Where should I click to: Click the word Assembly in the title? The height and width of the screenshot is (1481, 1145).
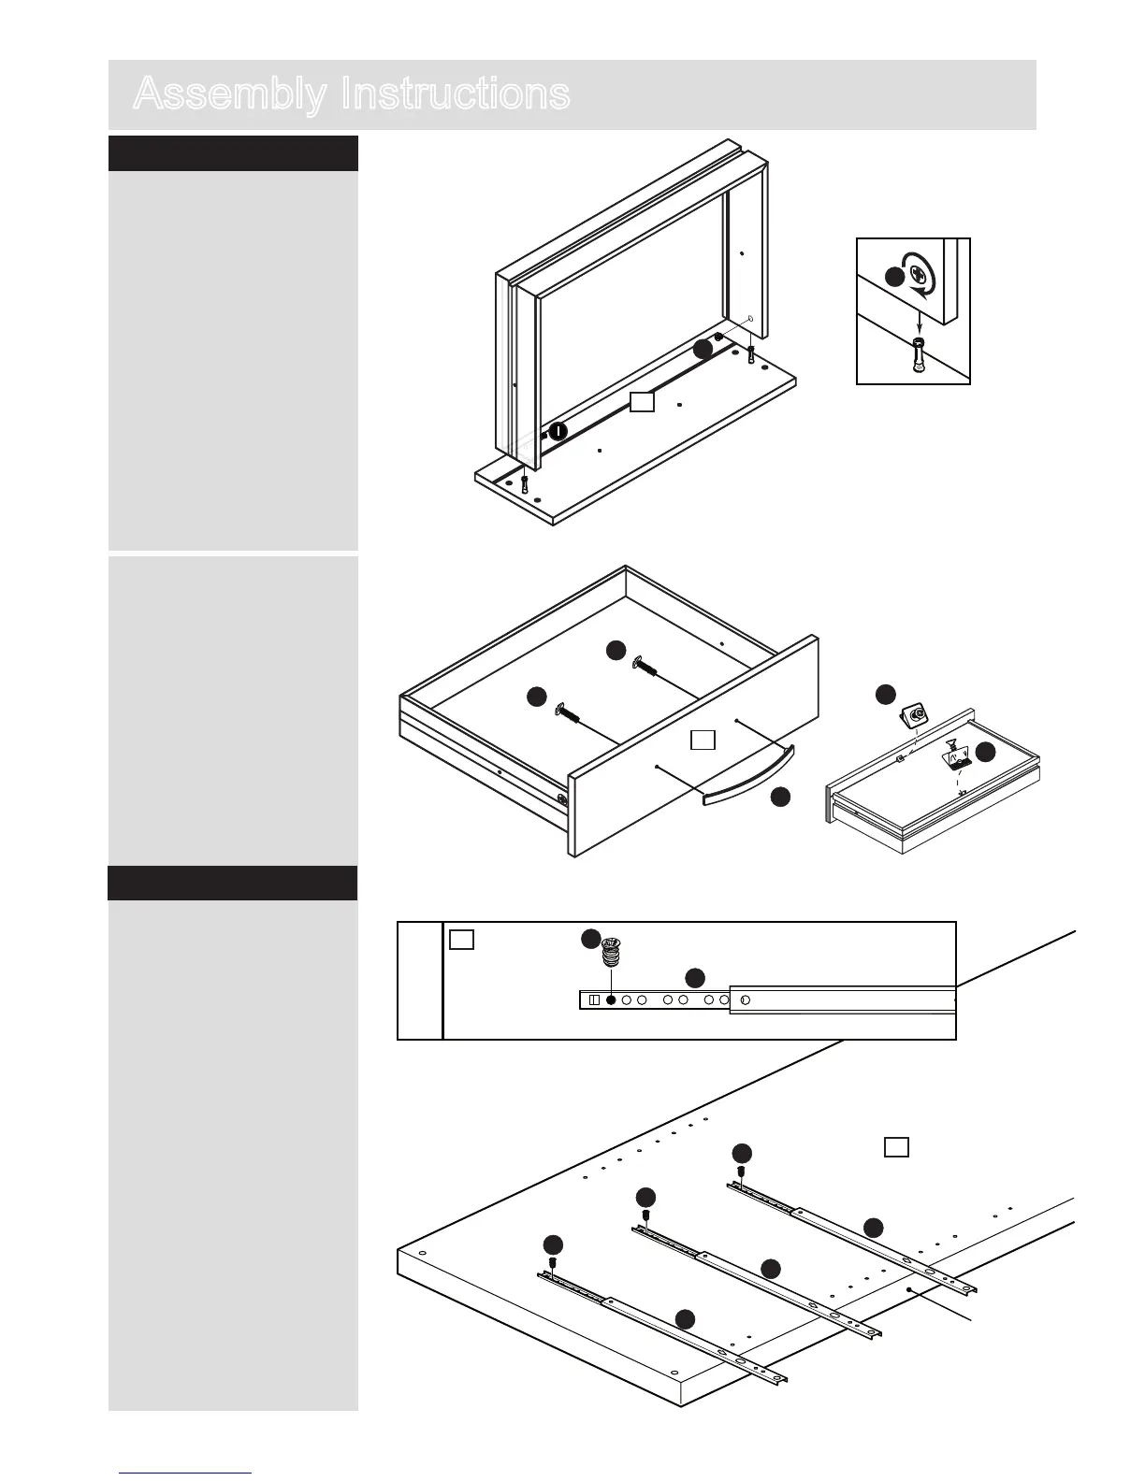(x=229, y=94)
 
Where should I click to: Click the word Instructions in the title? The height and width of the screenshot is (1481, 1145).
(x=455, y=94)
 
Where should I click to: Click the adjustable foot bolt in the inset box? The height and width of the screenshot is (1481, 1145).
(x=919, y=356)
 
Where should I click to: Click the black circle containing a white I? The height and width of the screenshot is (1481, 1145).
(x=558, y=431)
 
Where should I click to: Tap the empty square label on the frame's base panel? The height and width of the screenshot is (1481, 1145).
(x=642, y=402)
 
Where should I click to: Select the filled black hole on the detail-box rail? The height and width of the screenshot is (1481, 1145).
(x=612, y=1000)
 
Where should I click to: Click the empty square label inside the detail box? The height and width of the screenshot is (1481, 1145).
(x=462, y=940)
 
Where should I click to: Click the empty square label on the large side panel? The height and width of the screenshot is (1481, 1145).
(x=896, y=1146)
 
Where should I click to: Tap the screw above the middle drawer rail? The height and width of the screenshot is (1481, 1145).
(x=645, y=1215)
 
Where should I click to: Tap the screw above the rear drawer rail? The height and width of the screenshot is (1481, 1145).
(x=741, y=1171)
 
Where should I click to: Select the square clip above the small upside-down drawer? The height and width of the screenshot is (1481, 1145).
(x=912, y=716)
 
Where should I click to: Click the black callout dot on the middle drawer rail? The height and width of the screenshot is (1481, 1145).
(x=771, y=1268)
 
